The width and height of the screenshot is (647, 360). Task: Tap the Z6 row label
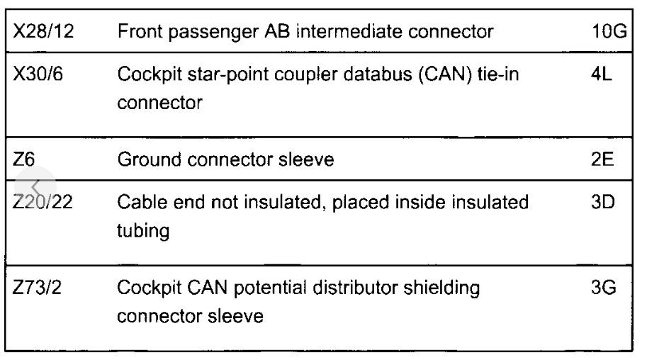tap(24, 160)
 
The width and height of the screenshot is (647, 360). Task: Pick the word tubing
tap(143, 232)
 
